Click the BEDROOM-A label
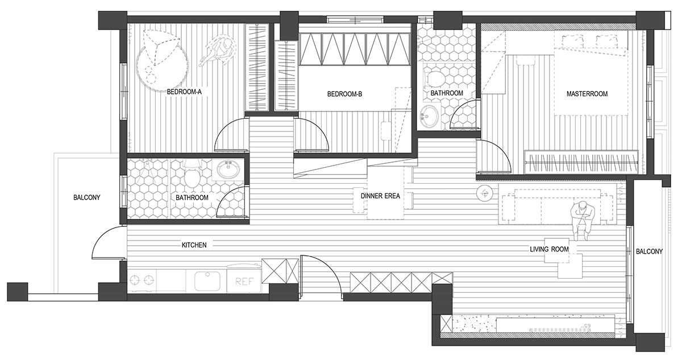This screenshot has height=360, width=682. [184, 92]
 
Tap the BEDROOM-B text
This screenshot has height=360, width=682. [344, 94]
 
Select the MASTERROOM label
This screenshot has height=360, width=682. [587, 94]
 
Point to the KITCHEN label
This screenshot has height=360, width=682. [194, 245]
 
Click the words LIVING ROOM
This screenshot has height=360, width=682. [549, 250]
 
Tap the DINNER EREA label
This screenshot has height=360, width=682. [380, 196]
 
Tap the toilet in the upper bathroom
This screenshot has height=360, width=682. [435, 77]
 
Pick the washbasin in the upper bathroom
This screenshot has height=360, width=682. [429, 117]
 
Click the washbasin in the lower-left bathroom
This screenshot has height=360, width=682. [229, 169]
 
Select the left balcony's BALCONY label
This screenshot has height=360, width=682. [87, 198]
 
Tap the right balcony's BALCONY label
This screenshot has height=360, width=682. [650, 251]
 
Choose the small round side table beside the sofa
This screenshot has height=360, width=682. [484, 193]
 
